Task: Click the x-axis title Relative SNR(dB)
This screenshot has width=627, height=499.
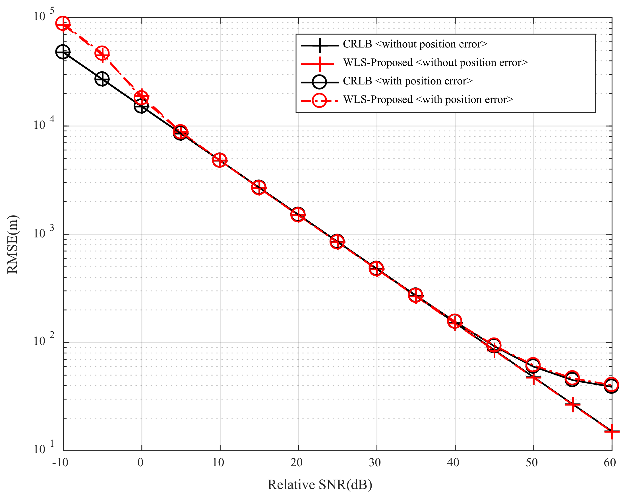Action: [320, 484]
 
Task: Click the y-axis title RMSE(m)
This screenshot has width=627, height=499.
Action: [13, 244]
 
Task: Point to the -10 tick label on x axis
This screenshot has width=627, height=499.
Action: [60, 462]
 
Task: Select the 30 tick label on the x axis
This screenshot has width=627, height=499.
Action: [375, 462]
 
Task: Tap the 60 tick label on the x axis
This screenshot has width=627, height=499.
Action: [610, 462]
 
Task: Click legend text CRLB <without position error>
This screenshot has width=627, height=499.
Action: [415, 44]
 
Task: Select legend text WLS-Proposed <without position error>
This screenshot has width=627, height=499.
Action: [435, 63]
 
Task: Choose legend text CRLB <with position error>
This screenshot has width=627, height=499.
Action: [408, 81]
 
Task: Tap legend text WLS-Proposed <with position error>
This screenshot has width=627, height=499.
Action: [428, 100]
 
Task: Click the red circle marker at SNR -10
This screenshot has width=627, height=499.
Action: [63, 23]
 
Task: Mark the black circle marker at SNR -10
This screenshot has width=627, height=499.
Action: [63, 52]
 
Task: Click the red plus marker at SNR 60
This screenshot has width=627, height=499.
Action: [612, 432]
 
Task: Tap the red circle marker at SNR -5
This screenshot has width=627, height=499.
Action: [102, 53]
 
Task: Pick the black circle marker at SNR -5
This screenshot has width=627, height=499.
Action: [102, 79]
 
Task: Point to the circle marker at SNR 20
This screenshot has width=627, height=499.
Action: [298, 215]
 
